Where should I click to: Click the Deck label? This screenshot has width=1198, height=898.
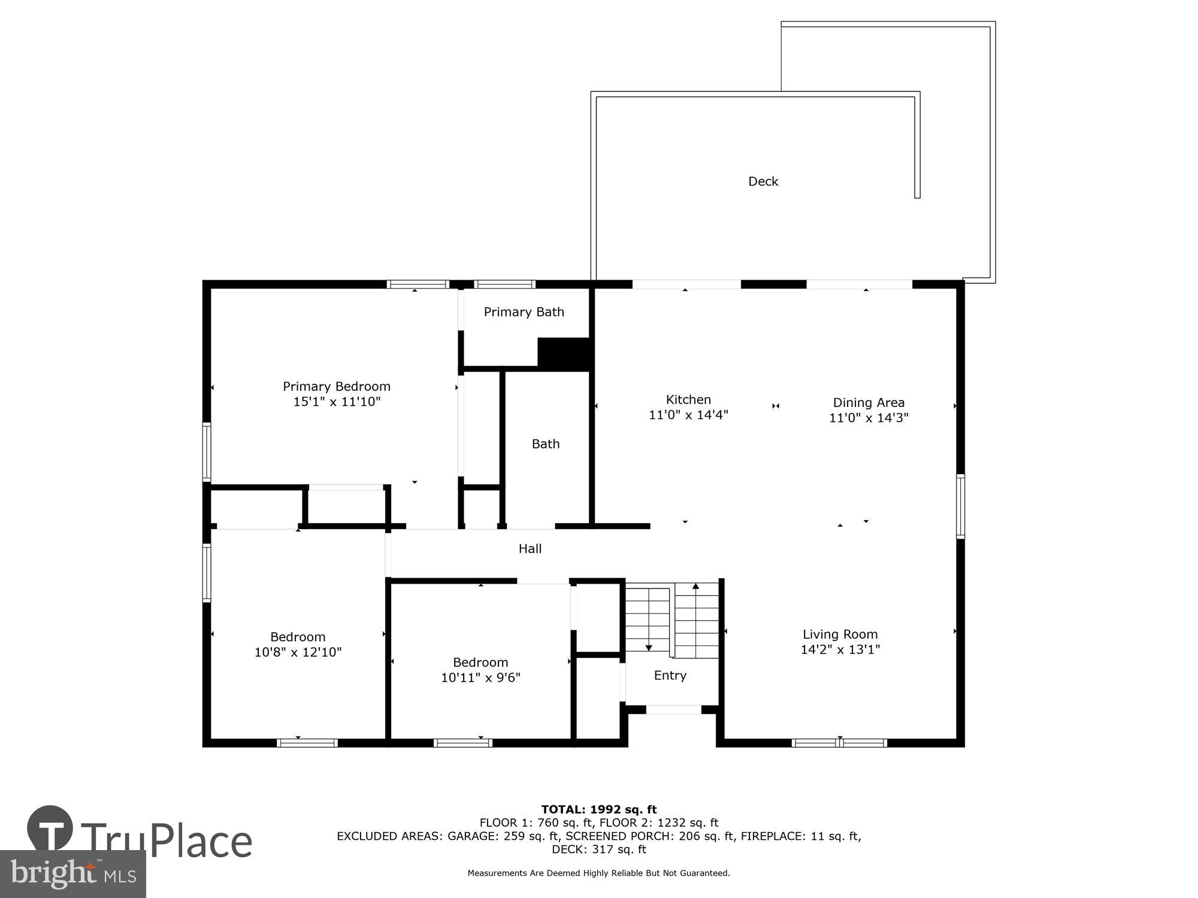[763, 181]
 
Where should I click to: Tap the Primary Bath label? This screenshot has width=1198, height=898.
[524, 312]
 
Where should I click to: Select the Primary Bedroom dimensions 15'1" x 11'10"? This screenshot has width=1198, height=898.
[337, 402]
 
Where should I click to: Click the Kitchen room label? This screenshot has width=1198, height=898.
[688, 399]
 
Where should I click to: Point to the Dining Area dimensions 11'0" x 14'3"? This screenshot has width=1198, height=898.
[869, 418]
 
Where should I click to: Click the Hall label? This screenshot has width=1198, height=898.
[530, 548]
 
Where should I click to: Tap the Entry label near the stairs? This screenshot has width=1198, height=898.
[670, 675]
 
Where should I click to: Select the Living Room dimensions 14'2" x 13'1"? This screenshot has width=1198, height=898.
[840, 650]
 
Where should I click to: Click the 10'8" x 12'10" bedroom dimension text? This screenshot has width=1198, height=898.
[298, 652]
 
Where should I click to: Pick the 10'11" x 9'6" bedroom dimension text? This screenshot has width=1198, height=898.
[480, 678]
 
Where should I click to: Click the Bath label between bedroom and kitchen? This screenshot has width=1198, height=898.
[546, 444]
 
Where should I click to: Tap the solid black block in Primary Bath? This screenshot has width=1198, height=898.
[565, 353]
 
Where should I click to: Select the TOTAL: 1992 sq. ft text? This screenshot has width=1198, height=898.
[599, 810]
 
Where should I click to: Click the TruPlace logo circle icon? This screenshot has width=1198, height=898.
[50, 829]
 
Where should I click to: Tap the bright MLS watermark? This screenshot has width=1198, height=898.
[73, 874]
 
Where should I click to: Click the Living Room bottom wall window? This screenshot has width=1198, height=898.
[839, 743]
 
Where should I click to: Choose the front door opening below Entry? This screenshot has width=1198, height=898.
[673, 710]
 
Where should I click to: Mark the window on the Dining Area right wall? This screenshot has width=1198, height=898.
[960, 506]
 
